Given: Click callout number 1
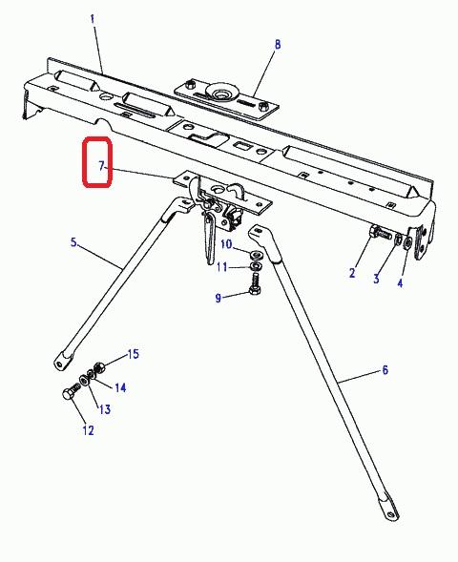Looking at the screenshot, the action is point(93,19).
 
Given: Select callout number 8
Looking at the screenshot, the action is point(278,45).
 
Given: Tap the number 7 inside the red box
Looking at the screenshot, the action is point(101,166).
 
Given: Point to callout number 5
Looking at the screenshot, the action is point(73,242).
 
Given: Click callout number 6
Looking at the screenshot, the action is point(385,370).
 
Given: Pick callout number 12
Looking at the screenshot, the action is point(88,430).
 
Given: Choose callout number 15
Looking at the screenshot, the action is point(133,354).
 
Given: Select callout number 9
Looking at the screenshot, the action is point(219,299).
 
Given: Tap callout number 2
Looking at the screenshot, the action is point(352,273).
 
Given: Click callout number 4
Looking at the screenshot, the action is point(400,283).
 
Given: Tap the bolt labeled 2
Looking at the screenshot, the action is point(380,233).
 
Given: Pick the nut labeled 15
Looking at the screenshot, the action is point(98,368).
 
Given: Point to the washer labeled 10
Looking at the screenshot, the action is point(255,255).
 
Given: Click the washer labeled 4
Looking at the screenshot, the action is point(407,243).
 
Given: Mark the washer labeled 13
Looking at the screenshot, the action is point(84,380).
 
